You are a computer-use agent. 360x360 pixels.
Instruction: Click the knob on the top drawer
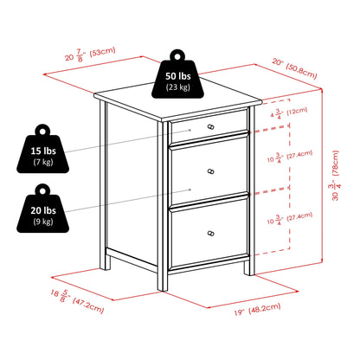(x=211, y=126)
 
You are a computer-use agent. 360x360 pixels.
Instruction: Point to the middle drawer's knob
(x=211, y=171)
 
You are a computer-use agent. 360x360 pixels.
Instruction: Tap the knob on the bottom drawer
(x=211, y=233)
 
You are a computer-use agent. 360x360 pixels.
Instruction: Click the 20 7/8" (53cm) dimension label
(x=90, y=54)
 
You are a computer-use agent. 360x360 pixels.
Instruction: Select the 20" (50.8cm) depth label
(x=294, y=68)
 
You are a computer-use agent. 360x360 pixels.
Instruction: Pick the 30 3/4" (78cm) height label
(x=336, y=176)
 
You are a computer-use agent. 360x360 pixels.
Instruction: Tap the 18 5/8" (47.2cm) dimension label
(x=77, y=301)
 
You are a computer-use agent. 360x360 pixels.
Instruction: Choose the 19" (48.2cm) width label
(x=257, y=309)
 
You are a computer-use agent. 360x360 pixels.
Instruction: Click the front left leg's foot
(x=163, y=283)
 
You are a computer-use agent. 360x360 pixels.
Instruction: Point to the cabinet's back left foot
(x=105, y=263)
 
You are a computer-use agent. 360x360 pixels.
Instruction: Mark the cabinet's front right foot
(x=249, y=268)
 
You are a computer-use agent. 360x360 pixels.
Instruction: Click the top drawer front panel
(x=209, y=126)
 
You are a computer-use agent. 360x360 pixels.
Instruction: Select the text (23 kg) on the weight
(x=178, y=87)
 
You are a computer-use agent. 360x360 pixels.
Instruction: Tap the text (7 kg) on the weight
(x=43, y=162)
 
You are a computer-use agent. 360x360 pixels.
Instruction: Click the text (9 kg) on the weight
(x=43, y=222)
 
